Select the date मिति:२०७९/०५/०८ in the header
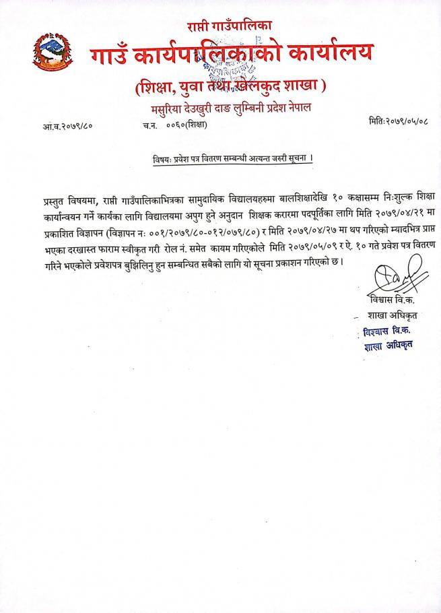pyautogui.click(x=399, y=121)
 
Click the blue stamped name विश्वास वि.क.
pyautogui.click(x=388, y=332)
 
